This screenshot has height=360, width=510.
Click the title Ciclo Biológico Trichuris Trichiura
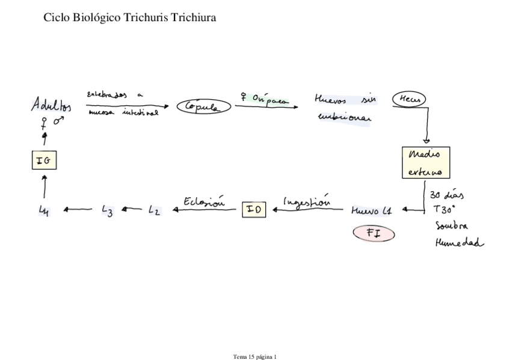point(130,17)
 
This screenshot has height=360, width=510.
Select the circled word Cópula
point(204,107)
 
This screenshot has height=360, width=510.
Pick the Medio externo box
point(425,163)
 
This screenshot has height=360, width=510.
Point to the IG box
point(44,160)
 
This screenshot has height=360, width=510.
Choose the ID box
point(254,209)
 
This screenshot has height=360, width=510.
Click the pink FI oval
point(373,233)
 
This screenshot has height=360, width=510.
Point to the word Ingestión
point(307,201)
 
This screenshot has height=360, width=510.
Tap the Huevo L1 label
point(372,210)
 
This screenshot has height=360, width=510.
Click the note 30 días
point(446,196)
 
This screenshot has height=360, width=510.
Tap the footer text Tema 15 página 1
point(255,356)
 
